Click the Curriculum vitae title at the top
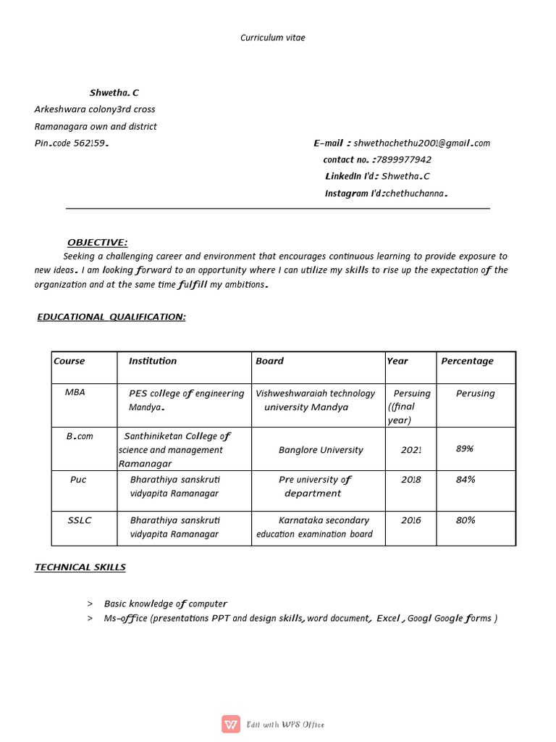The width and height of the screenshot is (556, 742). click(273, 38)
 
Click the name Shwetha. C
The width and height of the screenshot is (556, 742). click(114, 93)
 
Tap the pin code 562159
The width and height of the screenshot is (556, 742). click(91, 143)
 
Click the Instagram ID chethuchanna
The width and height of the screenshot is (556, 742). click(416, 193)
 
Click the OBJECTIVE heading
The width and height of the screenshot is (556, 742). click(97, 242)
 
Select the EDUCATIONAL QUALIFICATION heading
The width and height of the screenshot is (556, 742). click(111, 317)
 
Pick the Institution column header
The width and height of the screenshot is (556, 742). click(153, 361)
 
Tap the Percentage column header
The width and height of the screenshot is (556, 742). click(467, 361)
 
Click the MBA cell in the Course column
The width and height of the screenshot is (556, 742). click(75, 392)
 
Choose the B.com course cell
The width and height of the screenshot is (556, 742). click(80, 436)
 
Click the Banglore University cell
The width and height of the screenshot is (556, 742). click(321, 450)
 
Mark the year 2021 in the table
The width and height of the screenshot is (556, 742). click(411, 450)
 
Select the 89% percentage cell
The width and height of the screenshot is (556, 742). click(465, 449)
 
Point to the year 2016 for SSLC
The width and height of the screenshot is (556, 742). click(410, 520)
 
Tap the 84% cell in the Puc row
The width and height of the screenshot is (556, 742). click(466, 480)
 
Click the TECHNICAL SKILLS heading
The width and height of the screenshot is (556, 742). click(80, 567)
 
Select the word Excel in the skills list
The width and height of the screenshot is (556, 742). click(388, 618)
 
